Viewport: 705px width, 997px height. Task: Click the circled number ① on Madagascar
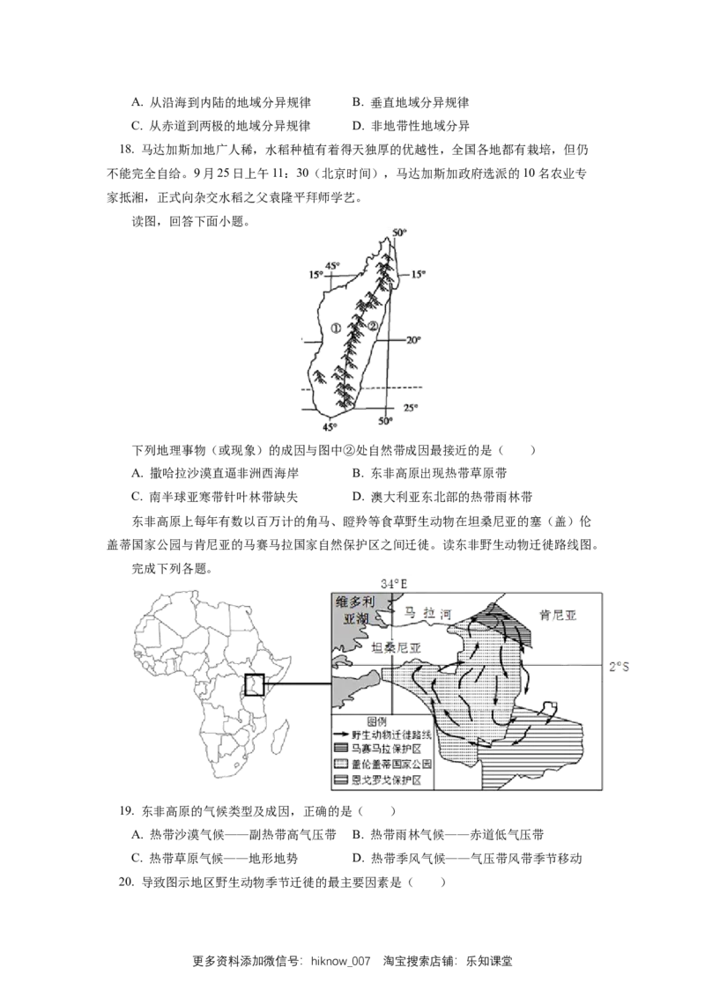336,329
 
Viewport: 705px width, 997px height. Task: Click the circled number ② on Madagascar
375,325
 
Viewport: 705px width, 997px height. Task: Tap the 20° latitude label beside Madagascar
414,340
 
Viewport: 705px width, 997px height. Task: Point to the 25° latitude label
411,408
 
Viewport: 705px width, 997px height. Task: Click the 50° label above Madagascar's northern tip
399,233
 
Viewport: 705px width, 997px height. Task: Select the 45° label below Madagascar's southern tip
330,427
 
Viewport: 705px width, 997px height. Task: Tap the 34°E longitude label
394,584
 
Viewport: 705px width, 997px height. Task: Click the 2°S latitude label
619,667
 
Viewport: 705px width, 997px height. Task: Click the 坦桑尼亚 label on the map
397,648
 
